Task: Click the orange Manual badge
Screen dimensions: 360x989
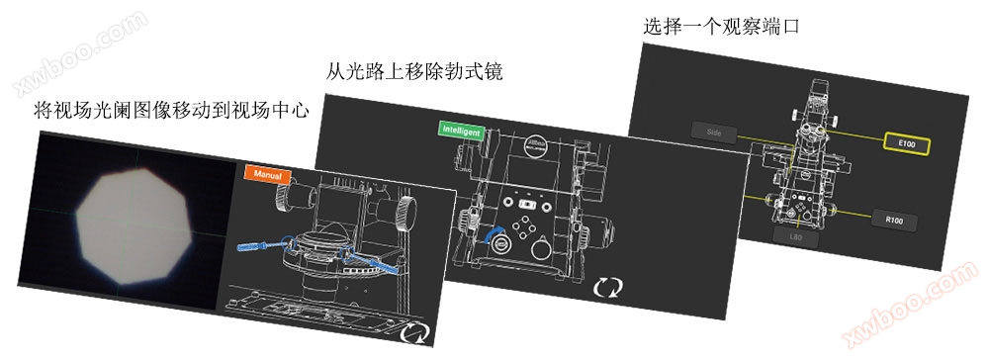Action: (x=267, y=175)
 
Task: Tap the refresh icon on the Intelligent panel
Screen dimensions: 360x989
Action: (x=608, y=288)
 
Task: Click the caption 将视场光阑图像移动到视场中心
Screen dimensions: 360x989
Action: (x=171, y=110)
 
